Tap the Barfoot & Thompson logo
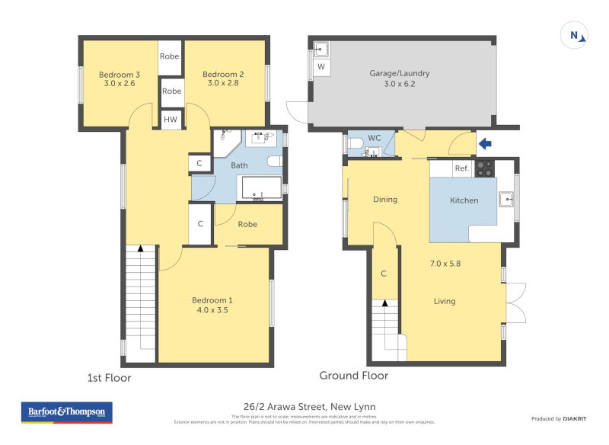coord(67,412)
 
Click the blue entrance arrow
coord(484,142)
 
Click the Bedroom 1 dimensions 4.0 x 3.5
coord(211,310)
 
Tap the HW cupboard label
coord(171,120)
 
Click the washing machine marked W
coord(320,67)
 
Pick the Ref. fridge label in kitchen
coord(461,168)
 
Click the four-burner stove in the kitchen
coord(484,168)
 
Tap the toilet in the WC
coord(355,142)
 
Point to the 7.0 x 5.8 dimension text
coord(445,264)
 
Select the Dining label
coord(384,200)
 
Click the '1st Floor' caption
coord(108,377)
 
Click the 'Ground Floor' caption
coord(353,376)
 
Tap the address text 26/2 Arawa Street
coord(304,407)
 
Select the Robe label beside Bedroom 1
coord(247,224)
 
